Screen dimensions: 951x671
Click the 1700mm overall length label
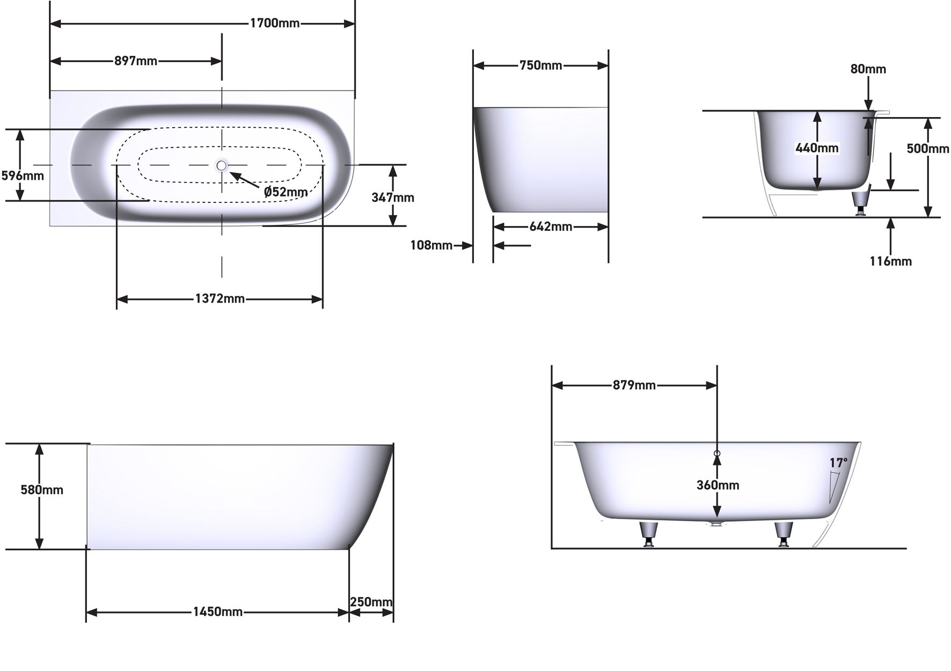(x=275, y=23)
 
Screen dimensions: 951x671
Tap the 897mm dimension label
(x=136, y=61)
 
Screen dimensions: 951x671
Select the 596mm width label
(x=23, y=176)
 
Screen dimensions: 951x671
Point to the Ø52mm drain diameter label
(x=286, y=192)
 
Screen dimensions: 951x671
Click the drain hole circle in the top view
(x=222, y=165)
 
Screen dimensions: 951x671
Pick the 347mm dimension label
(x=393, y=198)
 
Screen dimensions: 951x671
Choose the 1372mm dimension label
(x=220, y=298)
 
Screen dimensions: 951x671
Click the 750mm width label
(x=541, y=65)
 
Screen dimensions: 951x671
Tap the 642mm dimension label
(x=551, y=227)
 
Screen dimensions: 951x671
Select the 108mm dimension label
(x=431, y=245)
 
